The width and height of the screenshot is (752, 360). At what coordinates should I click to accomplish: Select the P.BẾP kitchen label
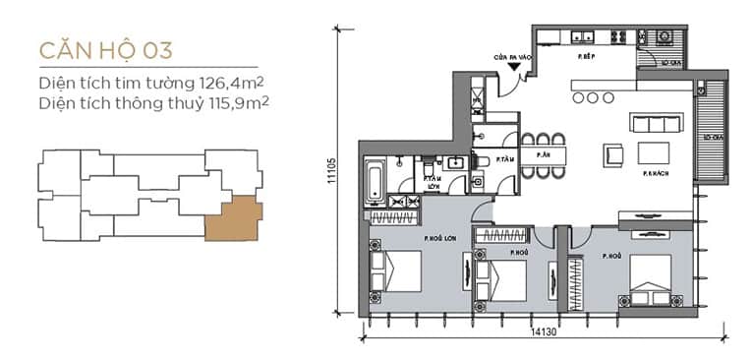(588, 57)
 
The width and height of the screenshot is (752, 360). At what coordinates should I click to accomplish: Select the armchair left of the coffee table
(613, 153)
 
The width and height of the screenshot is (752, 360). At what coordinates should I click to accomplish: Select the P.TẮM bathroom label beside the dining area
(506, 159)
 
